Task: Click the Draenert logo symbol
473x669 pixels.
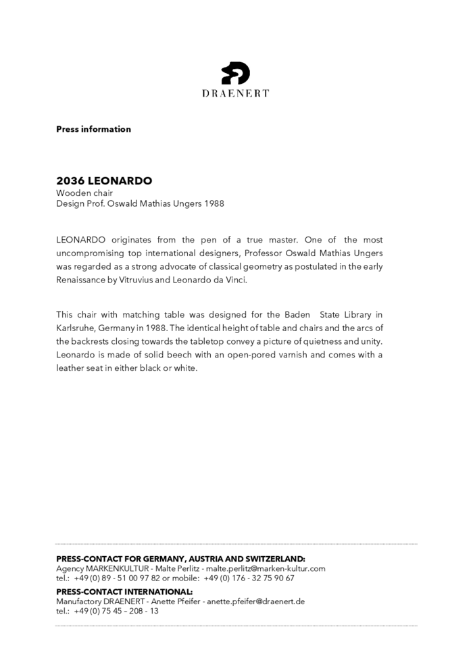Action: point(236,72)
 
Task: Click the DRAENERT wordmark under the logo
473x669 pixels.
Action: point(236,93)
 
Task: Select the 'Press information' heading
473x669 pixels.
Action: point(93,129)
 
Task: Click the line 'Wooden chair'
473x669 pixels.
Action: point(84,193)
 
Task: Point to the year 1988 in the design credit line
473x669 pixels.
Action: point(213,203)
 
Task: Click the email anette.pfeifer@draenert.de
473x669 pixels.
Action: point(255,601)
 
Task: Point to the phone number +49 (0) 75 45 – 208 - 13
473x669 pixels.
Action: point(116,610)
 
